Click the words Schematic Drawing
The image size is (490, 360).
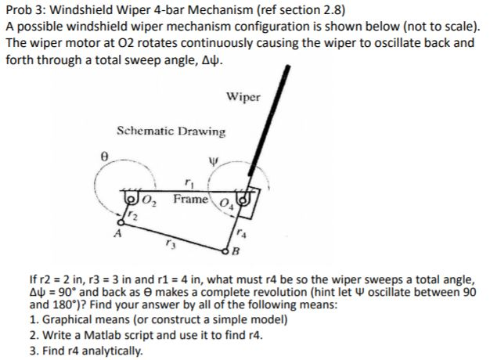(170, 131)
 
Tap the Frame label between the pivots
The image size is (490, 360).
(190, 200)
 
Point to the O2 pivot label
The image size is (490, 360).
(152, 203)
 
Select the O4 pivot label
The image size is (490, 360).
(227, 206)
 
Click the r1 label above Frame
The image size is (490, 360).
(188, 185)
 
